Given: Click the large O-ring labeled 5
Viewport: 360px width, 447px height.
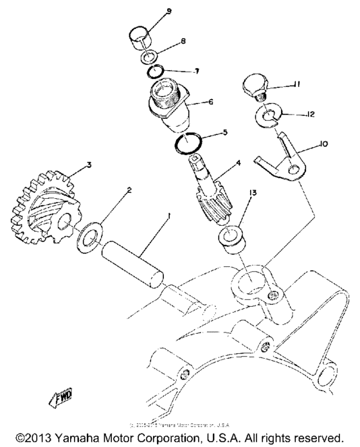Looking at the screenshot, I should click(188, 143).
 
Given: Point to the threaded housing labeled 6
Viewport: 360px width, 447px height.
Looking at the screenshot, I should click(168, 104).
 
